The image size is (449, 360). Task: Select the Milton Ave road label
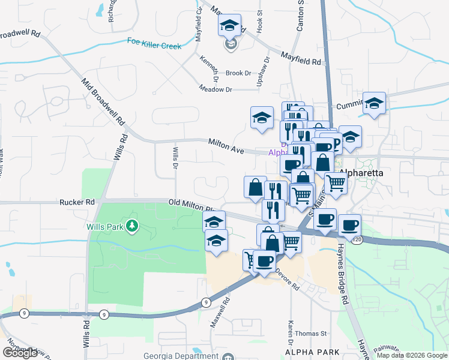226,146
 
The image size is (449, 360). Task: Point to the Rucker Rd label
74,203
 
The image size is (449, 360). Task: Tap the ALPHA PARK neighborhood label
312,352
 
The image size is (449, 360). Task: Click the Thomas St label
310,334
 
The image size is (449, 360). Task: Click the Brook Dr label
238,73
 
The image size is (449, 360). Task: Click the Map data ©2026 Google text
412,355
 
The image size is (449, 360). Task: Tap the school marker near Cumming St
373,104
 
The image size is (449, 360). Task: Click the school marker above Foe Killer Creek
229,26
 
